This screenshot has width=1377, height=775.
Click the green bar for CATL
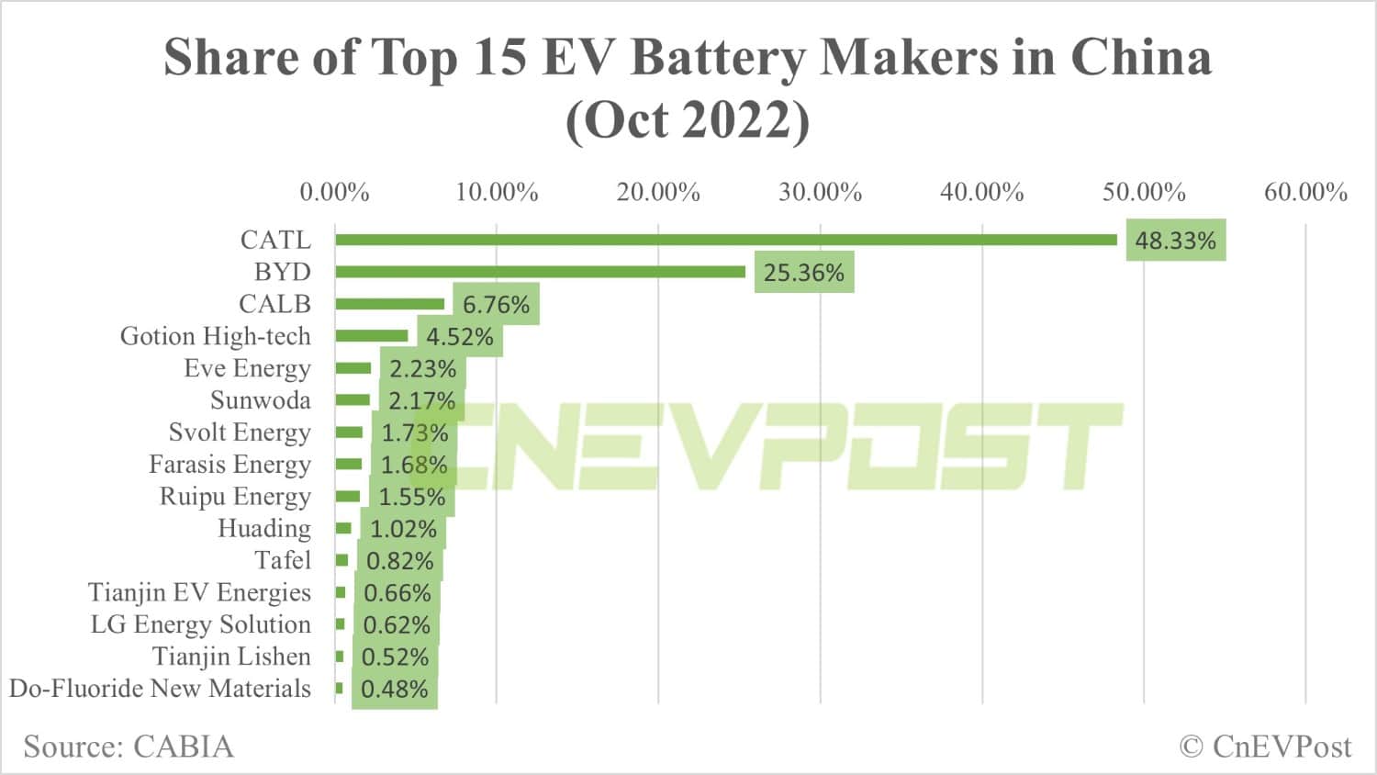tap(725, 240)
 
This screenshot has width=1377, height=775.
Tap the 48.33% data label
tap(1175, 241)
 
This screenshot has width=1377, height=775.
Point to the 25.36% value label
tap(803, 273)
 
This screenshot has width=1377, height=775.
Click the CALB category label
tap(274, 304)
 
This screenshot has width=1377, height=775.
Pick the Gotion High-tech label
tap(215, 336)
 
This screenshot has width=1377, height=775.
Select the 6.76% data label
tap(496, 305)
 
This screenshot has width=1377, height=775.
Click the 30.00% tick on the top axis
tap(820, 192)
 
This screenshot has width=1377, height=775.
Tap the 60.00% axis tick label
tap(1305, 192)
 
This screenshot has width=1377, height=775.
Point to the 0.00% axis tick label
tap(334, 192)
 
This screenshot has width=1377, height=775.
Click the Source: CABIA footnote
tap(129, 747)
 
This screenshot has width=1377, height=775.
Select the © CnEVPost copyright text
tap(1265, 747)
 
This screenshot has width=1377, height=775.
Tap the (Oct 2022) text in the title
tap(688, 119)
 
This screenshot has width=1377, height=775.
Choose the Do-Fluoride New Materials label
tap(160, 689)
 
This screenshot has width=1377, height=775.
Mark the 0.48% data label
tap(394, 690)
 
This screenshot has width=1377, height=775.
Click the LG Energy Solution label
tap(200, 624)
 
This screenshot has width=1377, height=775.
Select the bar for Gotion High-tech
tap(371, 336)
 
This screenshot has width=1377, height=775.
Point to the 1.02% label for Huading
tap(403, 529)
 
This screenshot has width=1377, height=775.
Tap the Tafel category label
tap(283, 560)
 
